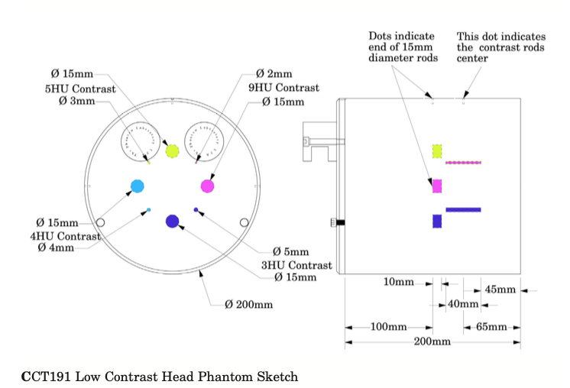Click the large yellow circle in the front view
172,150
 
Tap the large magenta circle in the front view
208,186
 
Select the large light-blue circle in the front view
138,186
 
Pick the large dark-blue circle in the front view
172,221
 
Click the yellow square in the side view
438,151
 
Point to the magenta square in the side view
438,186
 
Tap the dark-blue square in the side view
438,221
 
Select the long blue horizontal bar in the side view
463,209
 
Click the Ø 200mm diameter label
249,305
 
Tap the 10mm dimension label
398,283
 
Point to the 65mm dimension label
491,327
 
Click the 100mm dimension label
388,327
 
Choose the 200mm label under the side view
432,341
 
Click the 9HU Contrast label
285,88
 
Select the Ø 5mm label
291,251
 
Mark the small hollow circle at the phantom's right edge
244,222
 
